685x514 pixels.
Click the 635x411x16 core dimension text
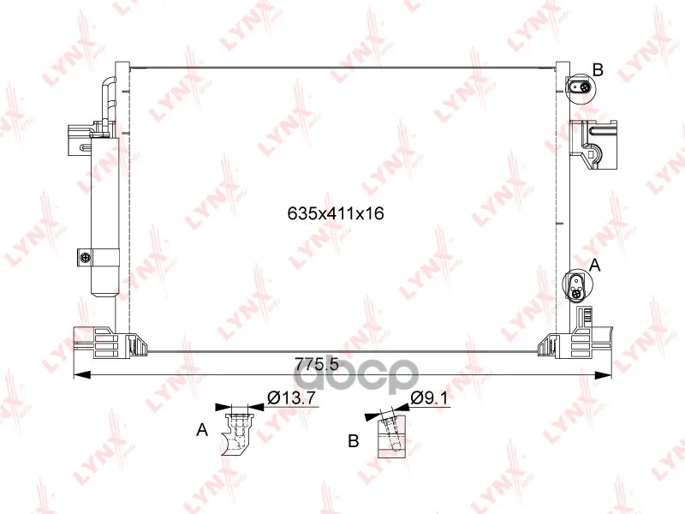(336, 213)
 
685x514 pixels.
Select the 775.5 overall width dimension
(317, 364)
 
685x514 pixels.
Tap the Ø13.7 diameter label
(291, 397)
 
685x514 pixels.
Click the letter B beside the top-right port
(598, 69)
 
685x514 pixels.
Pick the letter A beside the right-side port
(595, 265)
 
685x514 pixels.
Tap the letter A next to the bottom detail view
(202, 430)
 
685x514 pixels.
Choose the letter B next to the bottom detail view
(354, 440)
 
